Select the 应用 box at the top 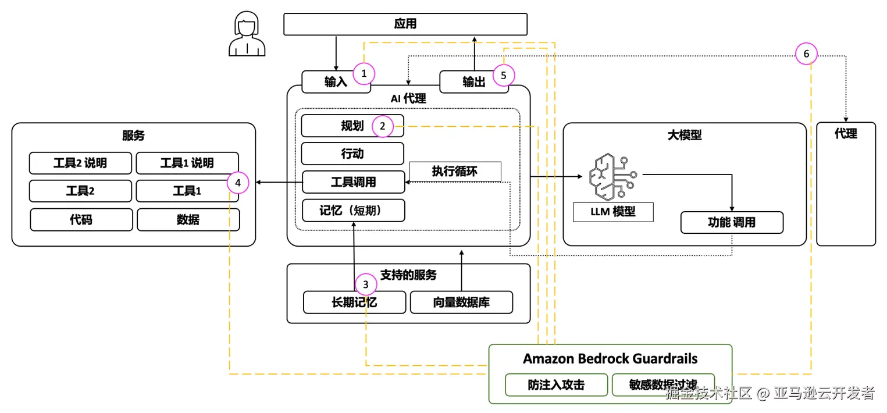click(405, 24)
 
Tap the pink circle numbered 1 click(364, 74)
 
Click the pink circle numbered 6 click(806, 54)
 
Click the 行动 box click(352, 154)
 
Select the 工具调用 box click(353, 182)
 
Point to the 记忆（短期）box click(353, 211)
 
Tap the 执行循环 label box click(454, 172)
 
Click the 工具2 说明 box click(80, 163)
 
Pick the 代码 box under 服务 click(81, 219)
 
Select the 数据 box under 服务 click(188, 219)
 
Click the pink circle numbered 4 click(238, 183)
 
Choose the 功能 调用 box click(732, 222)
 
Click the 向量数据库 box click(461, 302)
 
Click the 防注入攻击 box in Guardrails click(556, 385)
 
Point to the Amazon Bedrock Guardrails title click(610, 358)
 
